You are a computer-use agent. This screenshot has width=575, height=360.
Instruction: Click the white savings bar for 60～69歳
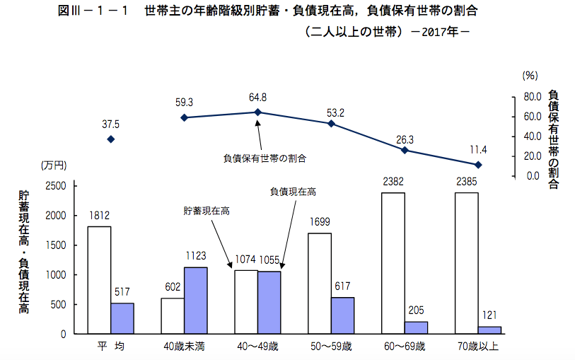coord(393,262)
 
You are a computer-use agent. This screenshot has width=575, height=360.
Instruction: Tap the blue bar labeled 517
coord(122,318)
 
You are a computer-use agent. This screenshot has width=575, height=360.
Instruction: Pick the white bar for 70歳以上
coord(467,262)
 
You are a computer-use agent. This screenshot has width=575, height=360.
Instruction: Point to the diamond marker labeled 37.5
coord(110,139)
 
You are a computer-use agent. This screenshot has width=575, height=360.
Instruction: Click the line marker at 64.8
coord(257,112)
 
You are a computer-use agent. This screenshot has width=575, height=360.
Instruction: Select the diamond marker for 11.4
coord(478,165)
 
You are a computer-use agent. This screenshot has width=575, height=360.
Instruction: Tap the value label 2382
coord(393,182)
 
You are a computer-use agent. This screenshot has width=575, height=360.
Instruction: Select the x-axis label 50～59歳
coord(331,347)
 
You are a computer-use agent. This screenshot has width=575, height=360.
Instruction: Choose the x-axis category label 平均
coord(110,347)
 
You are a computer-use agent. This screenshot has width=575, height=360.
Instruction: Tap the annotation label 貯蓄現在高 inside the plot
coord(207,210)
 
